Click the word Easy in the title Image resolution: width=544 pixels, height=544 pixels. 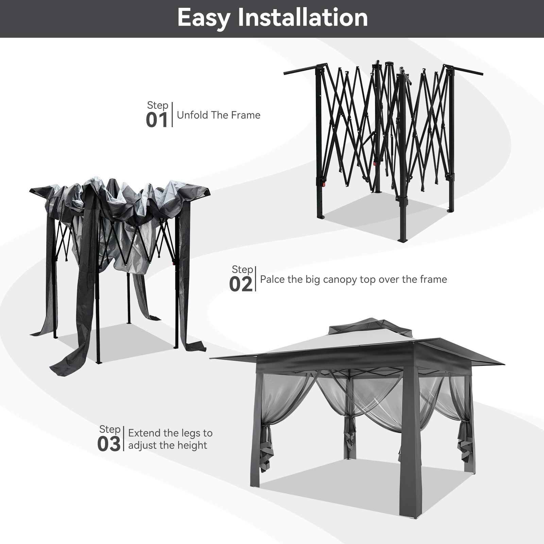(203, 18)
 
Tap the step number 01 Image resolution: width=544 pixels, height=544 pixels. (157, 120)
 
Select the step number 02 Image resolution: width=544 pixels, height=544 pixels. (241, 284)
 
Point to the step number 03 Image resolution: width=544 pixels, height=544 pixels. (109, 444)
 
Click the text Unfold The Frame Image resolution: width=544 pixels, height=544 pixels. (219, 115)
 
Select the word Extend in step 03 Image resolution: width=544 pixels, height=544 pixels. (144, 433)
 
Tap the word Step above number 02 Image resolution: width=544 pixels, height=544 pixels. (242, 270)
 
